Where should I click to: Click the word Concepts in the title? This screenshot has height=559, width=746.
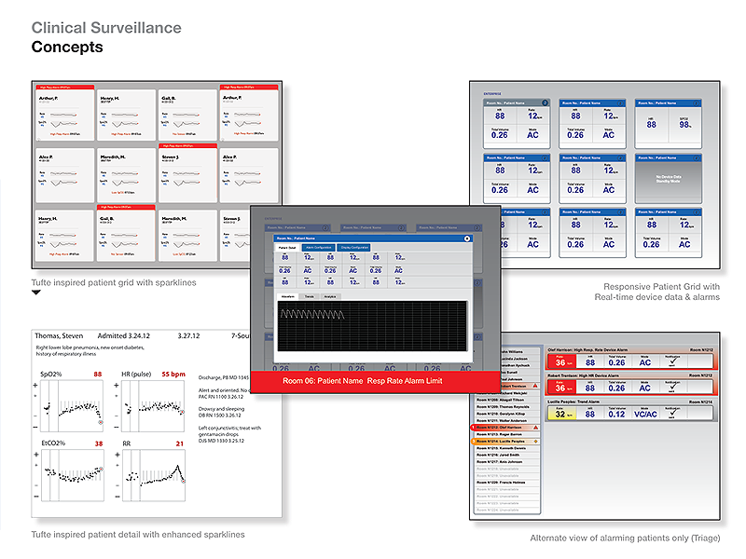[67, 48]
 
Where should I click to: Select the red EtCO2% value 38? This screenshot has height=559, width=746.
[97, 444]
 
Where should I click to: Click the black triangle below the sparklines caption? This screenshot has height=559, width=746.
[36, 293]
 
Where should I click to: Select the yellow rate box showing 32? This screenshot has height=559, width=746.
[561, 416]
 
